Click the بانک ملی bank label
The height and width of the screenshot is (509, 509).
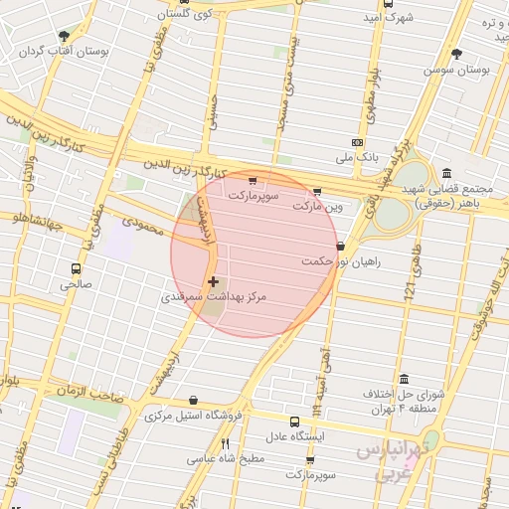click(x=359, y=157)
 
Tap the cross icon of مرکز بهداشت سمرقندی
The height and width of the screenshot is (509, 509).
click(x=213, y=282)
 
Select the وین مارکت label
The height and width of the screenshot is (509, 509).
click(x=317, y=207)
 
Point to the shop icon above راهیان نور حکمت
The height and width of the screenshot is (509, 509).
click(x=341, y=246)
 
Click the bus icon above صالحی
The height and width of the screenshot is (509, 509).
click(x=76, y=268)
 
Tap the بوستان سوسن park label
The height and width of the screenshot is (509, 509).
click(x=457, y=71)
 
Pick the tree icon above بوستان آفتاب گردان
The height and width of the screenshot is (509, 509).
click(x=65, y=36)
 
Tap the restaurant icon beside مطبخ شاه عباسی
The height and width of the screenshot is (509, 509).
click(x=225, y=443)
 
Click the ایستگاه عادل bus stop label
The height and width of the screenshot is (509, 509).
click(x=293, y=436)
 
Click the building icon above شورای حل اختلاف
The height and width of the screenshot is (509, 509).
click(x=404, y=379)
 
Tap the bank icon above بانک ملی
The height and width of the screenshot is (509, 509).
click(x=358, y=142)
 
